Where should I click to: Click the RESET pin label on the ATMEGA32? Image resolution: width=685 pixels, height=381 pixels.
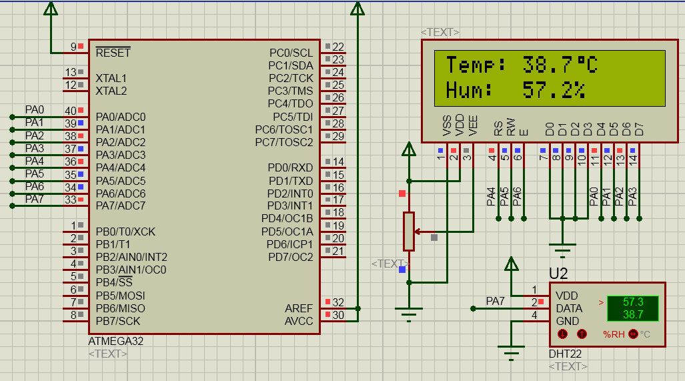point(113,53)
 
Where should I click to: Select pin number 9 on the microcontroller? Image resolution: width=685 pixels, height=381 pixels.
point(73,47)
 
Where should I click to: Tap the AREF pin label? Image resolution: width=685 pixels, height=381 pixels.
point(299,308)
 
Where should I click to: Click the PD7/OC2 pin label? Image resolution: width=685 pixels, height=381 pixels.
point(290,257)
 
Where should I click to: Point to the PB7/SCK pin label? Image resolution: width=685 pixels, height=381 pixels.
point(117,321)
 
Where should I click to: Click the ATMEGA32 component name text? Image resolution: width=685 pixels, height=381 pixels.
point(115,341)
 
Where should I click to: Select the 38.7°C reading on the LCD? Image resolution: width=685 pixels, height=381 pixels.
point(559,65)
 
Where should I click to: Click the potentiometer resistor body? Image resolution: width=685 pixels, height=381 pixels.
point(408,232)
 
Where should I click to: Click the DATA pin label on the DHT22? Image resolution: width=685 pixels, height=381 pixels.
point(569,308)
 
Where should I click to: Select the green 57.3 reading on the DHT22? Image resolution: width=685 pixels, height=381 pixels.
point(632,302)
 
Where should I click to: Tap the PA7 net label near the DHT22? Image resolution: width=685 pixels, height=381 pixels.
point(495,302)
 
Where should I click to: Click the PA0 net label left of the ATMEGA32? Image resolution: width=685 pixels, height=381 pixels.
point(35,109)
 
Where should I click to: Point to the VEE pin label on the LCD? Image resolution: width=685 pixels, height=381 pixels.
point(473,126)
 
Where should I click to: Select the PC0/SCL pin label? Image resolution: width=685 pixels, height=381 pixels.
point(291,53)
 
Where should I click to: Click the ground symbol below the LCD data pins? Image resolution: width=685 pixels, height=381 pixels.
point(563,251)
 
